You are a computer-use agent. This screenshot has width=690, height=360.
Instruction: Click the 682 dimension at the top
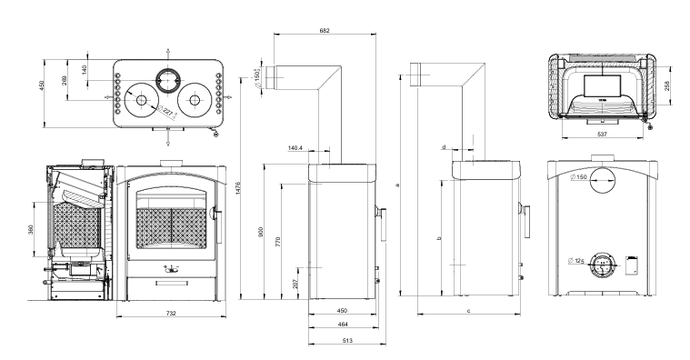[325, 31]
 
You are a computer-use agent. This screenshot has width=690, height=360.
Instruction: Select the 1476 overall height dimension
[238, 188]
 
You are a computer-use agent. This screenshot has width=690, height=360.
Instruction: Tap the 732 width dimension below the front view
[171, 314]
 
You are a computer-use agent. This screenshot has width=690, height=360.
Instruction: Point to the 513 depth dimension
[347, 340]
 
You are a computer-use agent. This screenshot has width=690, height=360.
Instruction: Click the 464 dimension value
[344, 325]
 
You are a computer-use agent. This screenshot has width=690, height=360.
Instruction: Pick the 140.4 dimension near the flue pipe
[295, 148]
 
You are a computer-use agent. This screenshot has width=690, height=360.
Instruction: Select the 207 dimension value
[295, 284]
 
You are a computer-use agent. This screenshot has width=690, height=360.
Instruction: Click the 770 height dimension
[277, 241]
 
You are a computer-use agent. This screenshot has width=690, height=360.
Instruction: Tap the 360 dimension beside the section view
[31, 229]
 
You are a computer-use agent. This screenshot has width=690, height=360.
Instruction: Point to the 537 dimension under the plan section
[602, 135]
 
